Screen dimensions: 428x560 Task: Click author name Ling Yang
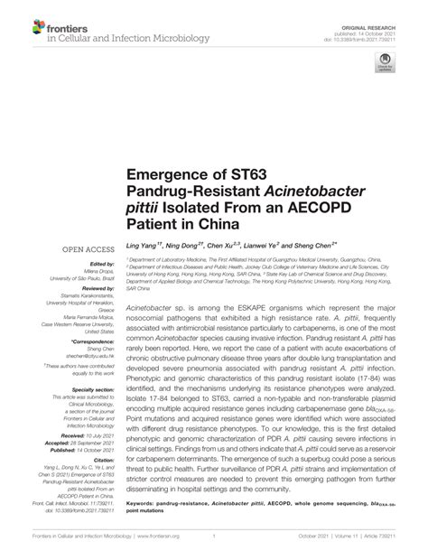point(143,247)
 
